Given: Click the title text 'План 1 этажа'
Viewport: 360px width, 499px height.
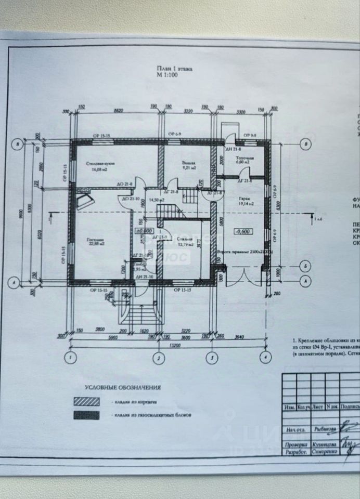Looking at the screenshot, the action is pyautogui.click(x=174, y=68).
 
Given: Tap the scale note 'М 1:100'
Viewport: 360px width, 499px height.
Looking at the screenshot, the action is pyautogui.click(x=168, y=75).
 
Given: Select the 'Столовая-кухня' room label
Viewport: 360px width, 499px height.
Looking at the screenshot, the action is pyautogui.click(x=100, y=164).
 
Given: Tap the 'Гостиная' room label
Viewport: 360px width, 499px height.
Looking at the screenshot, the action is pyautogui.click(x=95, y=240).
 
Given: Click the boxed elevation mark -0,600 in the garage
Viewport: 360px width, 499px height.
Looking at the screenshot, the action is pyautogui.click(x=242, y=232).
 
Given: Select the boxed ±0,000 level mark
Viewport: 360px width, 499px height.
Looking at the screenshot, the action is pyautogui.click(x=143, y=230).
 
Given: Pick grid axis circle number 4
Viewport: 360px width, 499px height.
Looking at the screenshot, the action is pyautogui.click(x=265, y=357).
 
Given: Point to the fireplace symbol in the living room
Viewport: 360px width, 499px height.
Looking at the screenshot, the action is pyautogui.click(x=83, y=200).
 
